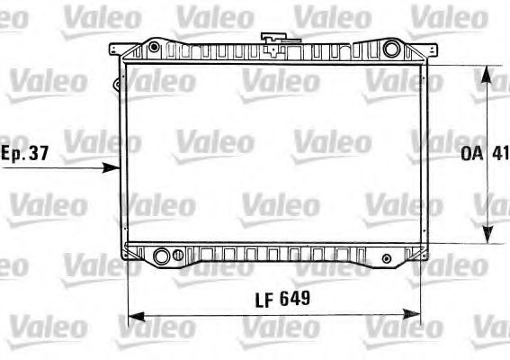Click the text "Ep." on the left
13,154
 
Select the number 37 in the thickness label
38,153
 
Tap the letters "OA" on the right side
472,153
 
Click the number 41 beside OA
500,153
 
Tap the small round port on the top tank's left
156,47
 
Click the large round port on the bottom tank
162,256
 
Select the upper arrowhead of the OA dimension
488,69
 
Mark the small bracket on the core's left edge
116,86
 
